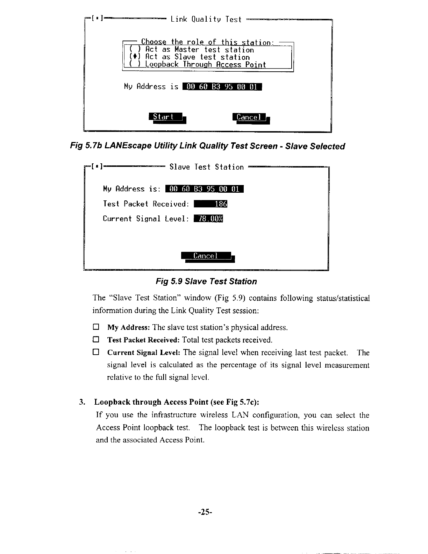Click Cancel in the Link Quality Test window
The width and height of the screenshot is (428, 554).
(249, 118)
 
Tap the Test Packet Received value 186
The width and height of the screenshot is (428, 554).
(211, 204)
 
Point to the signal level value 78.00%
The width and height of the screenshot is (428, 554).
(209, 219)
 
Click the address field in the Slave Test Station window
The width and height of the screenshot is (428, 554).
(204, 189)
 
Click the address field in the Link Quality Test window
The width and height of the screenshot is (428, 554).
(222, 87)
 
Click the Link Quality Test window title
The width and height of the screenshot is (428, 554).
(206, 19)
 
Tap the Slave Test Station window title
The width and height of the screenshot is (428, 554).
(206, 167)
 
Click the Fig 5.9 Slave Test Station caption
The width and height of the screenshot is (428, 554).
(206, 282)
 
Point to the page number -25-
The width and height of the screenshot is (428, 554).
(205, 512)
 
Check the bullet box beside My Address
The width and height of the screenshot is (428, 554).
(96, 327)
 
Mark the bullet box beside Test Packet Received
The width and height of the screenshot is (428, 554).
(96, 340)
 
